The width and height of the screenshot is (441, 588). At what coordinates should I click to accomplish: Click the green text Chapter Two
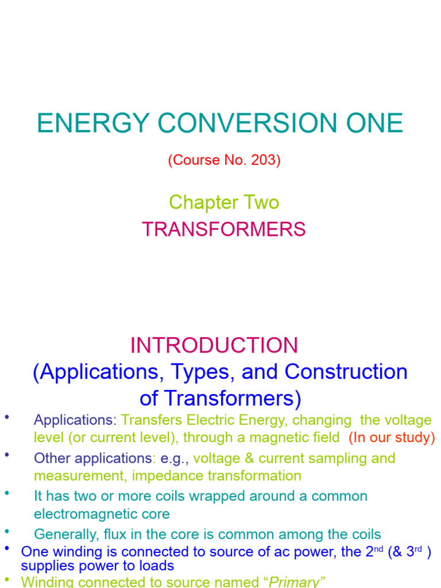pyautogui.click(x=224, y=202)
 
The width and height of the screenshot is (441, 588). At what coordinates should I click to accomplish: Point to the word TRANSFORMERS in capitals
pyautogui.click(x=224, y=230)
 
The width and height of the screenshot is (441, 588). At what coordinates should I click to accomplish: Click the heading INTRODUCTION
pyautogui.click(x=214, y=346)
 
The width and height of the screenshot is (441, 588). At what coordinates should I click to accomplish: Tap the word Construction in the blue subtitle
pyautogui.click(x=346, y=372)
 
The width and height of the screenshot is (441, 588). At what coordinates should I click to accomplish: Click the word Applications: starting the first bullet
pyautogui.click(x=75, y=420)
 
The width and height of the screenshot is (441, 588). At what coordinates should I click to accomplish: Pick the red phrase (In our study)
pyautogui.click(x=392, y=438)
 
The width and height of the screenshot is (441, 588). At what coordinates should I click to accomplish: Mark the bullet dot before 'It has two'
pyautogui.click(x=7, y=493)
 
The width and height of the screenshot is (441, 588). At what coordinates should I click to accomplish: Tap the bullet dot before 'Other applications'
pyautogui.click(x=7, y=455)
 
